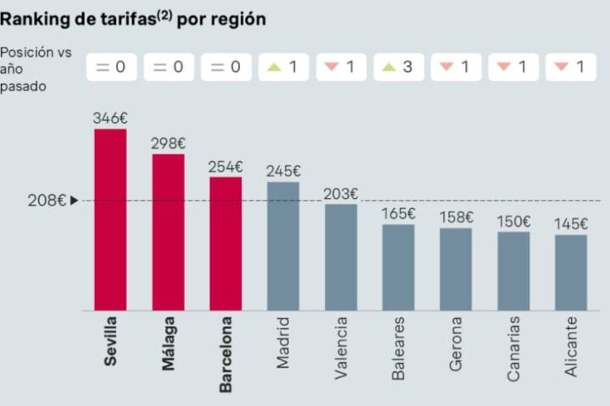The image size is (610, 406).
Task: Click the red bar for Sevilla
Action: point(110,219)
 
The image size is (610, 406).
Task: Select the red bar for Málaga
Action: point(168,232)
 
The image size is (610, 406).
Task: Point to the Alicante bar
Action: point(571,272)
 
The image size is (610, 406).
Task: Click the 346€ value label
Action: point(110,118)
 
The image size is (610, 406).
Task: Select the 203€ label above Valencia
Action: point(341,194)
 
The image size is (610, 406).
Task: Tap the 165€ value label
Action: point(398,214)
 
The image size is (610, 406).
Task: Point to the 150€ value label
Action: point(513,222)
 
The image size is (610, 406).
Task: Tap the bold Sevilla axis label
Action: point(111,343)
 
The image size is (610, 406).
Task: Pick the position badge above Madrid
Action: point(284,68)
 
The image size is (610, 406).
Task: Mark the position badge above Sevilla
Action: point(111,68)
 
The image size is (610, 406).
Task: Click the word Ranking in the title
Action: point(35,19)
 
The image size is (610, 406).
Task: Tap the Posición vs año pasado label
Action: point(36,69)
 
